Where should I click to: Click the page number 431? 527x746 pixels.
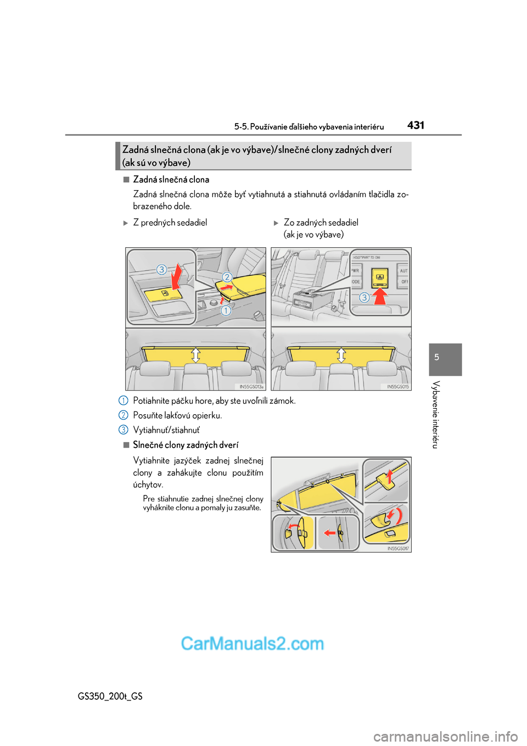416,125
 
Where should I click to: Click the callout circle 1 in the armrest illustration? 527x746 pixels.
226,310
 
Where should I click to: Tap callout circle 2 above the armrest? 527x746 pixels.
227,277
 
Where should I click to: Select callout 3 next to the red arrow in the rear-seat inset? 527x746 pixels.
364,297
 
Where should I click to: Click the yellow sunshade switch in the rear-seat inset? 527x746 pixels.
379,277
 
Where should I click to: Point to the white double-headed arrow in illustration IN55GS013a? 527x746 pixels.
195,354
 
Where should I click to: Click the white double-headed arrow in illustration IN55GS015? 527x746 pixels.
341,354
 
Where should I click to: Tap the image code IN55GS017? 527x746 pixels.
397,548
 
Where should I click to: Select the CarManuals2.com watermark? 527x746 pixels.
253,643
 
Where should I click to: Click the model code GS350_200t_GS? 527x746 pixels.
110,696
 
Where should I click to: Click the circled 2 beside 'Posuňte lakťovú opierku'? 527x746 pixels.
124,415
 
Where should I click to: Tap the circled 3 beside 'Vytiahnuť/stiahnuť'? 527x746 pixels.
124,430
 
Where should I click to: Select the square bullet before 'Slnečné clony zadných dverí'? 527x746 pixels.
126,444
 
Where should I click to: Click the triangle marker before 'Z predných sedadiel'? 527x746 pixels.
126,223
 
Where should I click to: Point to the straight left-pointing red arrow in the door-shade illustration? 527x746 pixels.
330,532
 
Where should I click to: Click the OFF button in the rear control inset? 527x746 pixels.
404,282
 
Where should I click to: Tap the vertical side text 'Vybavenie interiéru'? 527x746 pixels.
435,414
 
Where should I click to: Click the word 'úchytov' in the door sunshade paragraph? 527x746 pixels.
147,485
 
